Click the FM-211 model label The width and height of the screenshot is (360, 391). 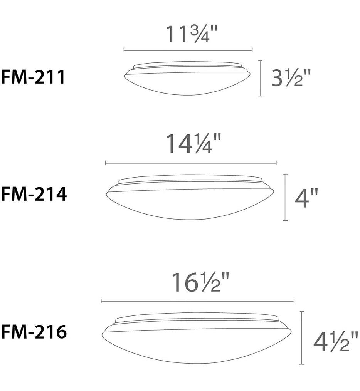(x=34, y=77)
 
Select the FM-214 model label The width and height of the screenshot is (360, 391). (x=34, y=194)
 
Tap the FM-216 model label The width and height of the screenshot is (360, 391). (x=34, y=332)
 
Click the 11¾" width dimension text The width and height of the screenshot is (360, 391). (x=192, y=35)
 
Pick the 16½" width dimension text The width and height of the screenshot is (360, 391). (x=198, y=283)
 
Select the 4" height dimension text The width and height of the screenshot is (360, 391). (x=306, y=199)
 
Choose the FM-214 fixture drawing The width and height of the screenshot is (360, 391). (x=190, y=198)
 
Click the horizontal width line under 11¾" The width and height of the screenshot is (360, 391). (x=188, y=50)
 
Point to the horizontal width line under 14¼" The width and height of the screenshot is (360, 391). (x=191, y=163)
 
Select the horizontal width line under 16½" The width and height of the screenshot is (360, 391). (x=197, y=301)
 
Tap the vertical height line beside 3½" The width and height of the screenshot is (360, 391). (x=261, y=78)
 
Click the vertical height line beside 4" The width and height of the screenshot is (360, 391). (x=285, y=197)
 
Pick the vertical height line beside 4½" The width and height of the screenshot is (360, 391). (x=302, y=338)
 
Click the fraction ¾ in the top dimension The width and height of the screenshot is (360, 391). (x=202, y=34)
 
